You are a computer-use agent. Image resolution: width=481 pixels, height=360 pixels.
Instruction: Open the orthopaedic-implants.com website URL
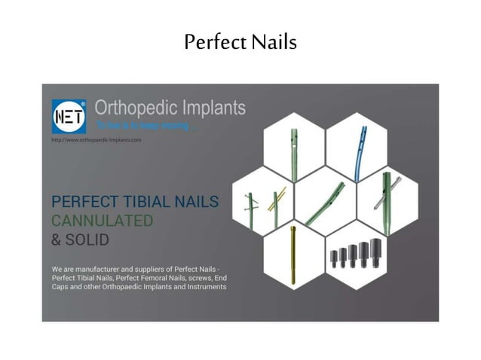click(97, 140)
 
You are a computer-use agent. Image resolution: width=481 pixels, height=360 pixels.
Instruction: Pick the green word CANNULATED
click(102, 221)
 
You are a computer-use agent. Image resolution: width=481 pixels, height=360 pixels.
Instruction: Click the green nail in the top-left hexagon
click(294, 151)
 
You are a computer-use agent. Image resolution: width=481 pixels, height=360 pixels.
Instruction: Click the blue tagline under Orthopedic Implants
click(144, 126)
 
